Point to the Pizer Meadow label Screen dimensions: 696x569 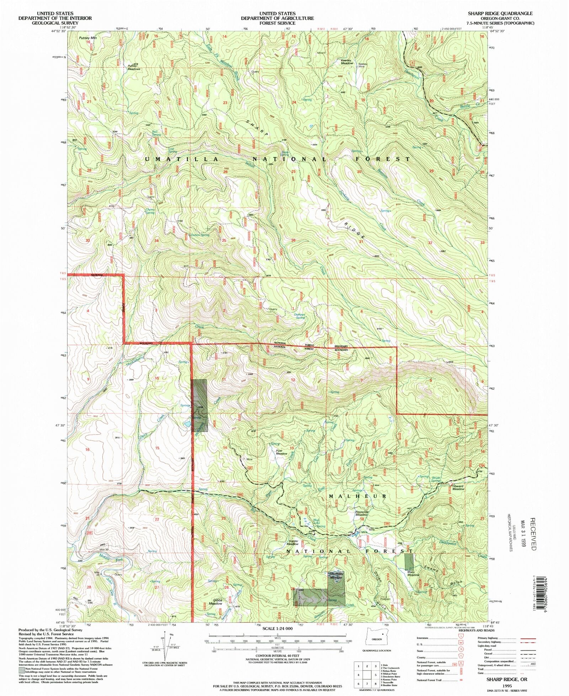click(282, 452)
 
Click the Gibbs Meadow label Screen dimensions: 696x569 click(216, 602)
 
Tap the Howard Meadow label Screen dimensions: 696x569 click(458, 487)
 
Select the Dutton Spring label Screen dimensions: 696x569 click(200, 235)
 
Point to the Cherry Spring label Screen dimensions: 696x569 click(150, 211)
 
